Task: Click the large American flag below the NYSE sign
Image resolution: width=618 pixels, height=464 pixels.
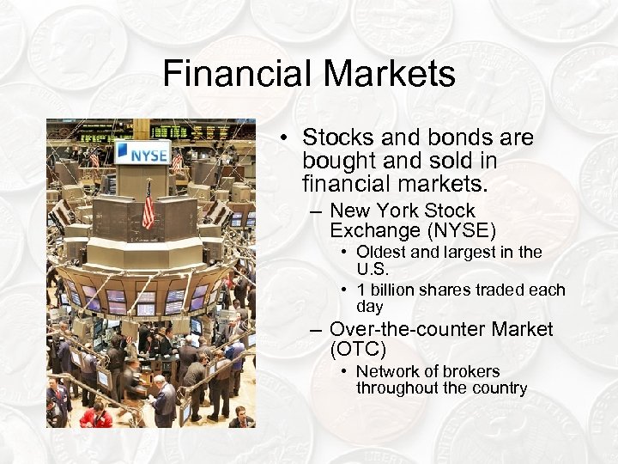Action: (148, 205)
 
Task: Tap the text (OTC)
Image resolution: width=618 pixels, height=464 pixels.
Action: (358, 350)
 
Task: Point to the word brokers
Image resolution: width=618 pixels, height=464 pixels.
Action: (469, 371)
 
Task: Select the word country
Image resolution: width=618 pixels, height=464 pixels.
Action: (496, 388)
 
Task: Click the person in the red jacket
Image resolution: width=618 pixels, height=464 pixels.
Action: (96, 416)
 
